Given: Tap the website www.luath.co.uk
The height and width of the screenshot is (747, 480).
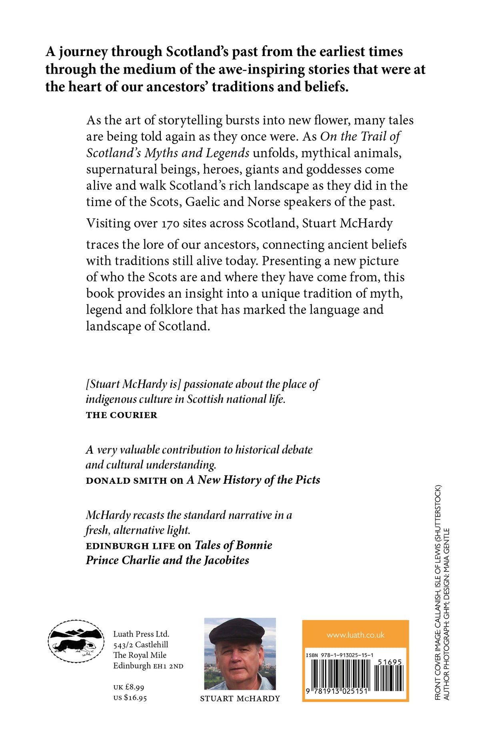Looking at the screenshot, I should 355,635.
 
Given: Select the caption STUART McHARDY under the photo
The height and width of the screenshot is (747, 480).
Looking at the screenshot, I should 240,699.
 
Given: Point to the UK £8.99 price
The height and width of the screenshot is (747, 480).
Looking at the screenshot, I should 128,687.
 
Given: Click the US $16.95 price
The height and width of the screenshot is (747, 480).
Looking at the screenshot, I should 130,698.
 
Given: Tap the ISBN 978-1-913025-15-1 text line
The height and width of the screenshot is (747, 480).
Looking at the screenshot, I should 340,655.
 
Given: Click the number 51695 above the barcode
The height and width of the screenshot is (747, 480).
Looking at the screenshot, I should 390,662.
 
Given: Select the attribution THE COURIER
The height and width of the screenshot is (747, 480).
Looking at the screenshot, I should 122,415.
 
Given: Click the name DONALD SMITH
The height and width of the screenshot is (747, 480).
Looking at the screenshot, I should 126,481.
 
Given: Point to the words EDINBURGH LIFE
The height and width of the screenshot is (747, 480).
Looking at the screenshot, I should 130,546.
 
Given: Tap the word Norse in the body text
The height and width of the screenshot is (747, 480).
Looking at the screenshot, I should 264,202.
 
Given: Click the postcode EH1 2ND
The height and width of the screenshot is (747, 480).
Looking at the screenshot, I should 168,666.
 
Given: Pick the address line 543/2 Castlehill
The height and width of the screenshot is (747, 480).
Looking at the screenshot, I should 140,645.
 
